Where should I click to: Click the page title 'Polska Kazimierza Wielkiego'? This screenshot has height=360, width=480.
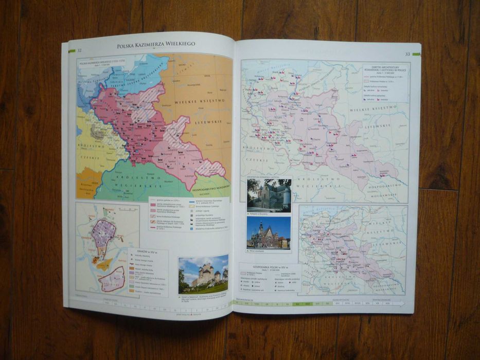point(155,45)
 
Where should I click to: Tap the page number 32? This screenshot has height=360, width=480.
point(79,50)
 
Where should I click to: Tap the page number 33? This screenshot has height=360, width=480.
point(407,53)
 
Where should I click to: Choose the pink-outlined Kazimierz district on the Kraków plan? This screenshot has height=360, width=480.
point(112,279)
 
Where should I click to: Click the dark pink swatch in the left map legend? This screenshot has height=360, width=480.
point(153,205)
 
